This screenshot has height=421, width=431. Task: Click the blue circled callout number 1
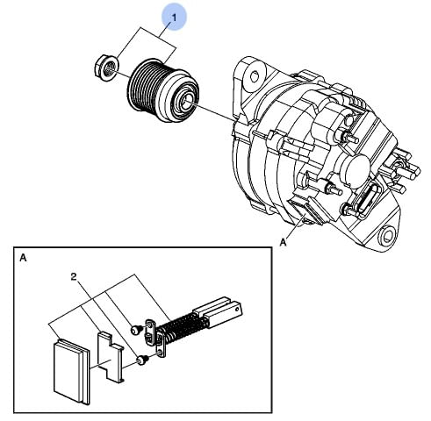pyautogui.click(x=175, y=18)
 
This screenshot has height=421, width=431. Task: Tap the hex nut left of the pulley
pyautogui.click(x=105, y=68)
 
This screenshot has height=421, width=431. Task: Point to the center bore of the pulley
pyautogui.click(x=185, y=101)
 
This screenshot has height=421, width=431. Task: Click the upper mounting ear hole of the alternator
pyautogui.click(x=255, y=76)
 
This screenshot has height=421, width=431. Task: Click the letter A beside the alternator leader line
pyautogui.click(x=283, y=242)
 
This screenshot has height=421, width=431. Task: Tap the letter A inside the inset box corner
pyautogui.click(x=24, y=258)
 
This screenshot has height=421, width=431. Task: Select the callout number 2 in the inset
pyautogui.click(x=74, y=276)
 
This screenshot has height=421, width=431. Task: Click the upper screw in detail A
pyautogui.click(x=136, y=329)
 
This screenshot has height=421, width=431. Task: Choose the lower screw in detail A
pyautogui.click(x=142, y=360)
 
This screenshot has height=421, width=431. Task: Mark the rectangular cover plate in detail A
pyautogui.click(x=71, y=370)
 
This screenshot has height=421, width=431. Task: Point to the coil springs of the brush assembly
pyautogui.click(x=182, y=326)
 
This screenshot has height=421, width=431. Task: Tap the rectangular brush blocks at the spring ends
pyautogui.click(x=217, y=312)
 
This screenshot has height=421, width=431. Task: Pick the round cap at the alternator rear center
pyautogui.click(x=356, y=168)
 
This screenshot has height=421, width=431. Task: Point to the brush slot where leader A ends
pyautogui.click(x=307, y=210)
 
